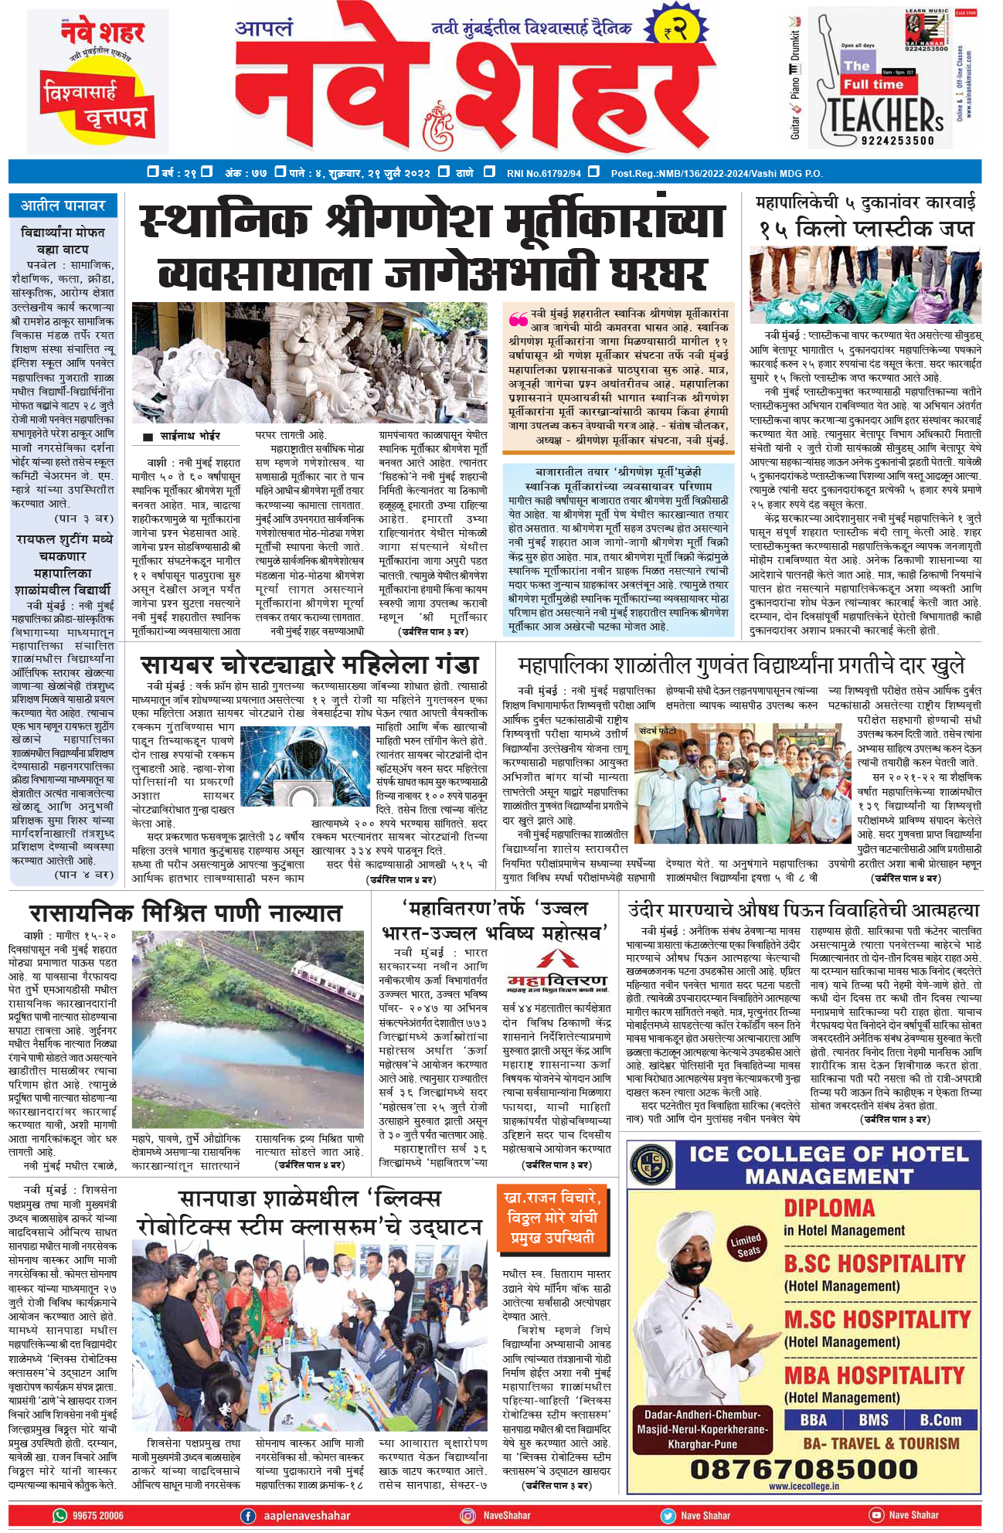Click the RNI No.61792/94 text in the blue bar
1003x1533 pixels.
(543, 173)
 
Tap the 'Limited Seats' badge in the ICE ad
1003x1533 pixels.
(746, 1245)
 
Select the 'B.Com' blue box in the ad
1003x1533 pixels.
(940, 1419)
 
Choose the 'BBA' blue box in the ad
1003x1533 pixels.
(813, 1419)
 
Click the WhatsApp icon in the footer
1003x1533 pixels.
(60, 1515)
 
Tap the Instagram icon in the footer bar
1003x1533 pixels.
(467, 1515)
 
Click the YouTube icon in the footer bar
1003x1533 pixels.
(877, 1515)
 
